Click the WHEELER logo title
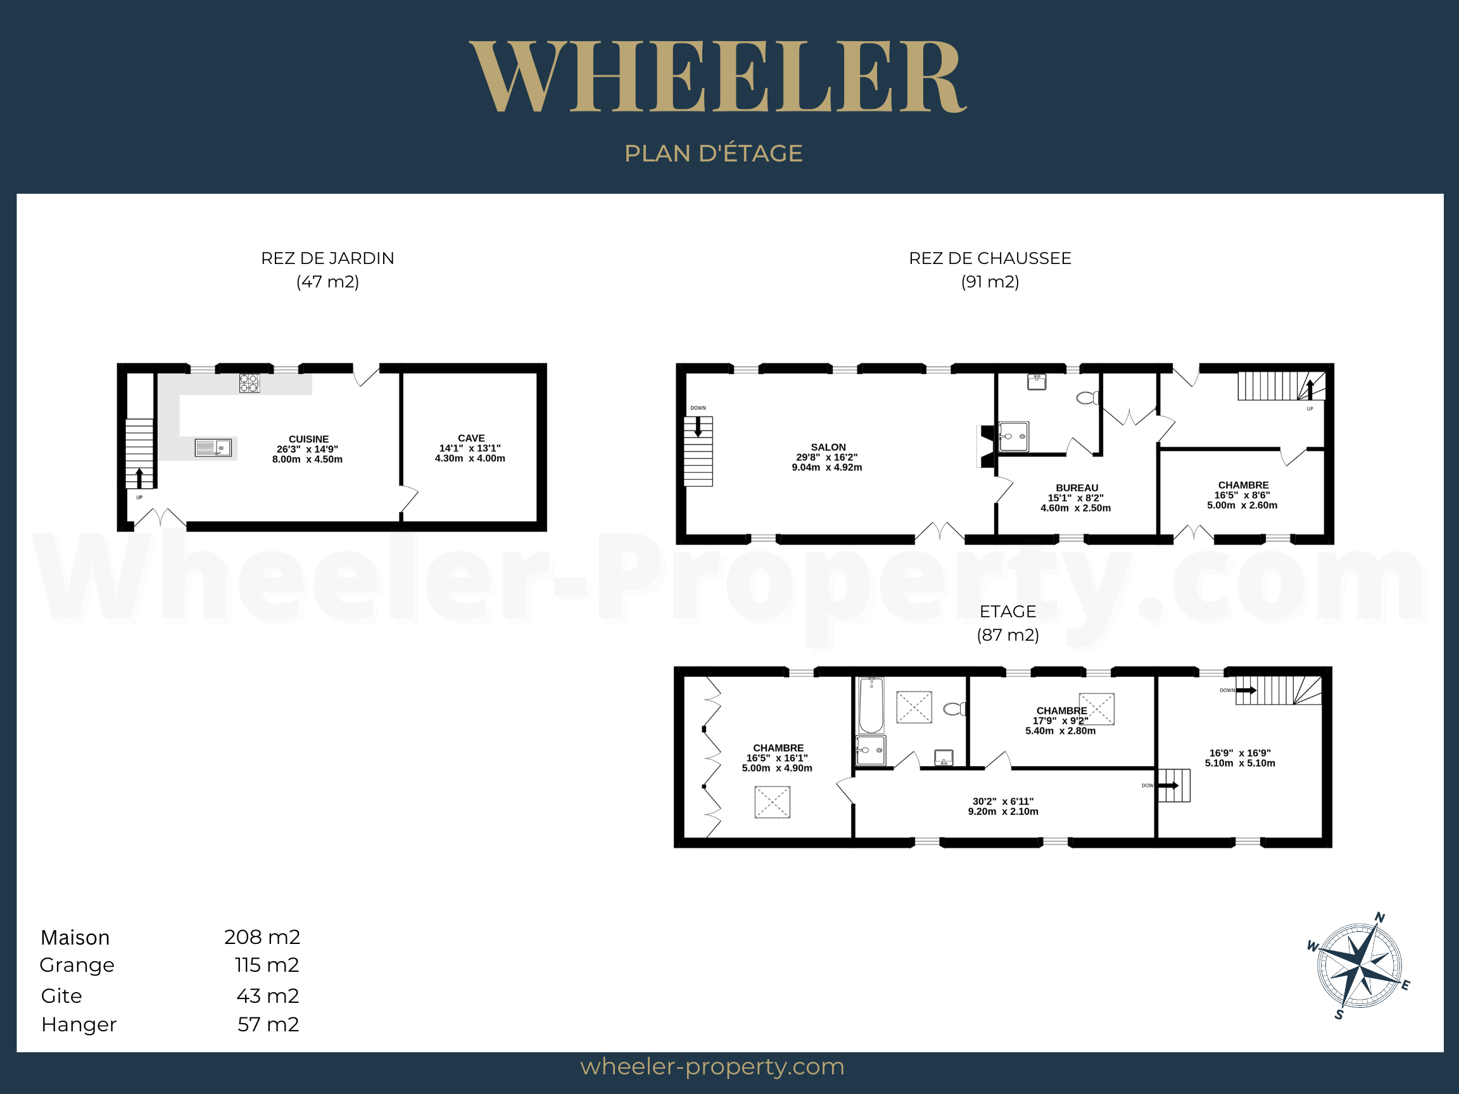coord(717,77)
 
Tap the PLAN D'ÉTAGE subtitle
coord(714,153)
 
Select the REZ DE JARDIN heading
coord(328,258)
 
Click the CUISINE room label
coord(308,439)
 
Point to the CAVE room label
coord(471,439)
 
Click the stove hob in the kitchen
coord(249,383)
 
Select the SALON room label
coord(828,447)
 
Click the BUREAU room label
coord(1077,488)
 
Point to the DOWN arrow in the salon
coord(698,427)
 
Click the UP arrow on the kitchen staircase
coord(139,478)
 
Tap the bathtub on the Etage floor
coord(871,705)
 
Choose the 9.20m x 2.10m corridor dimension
coord(1003,812)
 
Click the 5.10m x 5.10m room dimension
coord(1240,764)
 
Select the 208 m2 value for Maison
coord(262,937)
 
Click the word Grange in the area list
coord(77,965)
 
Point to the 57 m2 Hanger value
coord(268,1024)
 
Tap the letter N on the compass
coord(1380,918)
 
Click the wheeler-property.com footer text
coord(712,1067)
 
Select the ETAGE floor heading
coord(1008,612)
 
